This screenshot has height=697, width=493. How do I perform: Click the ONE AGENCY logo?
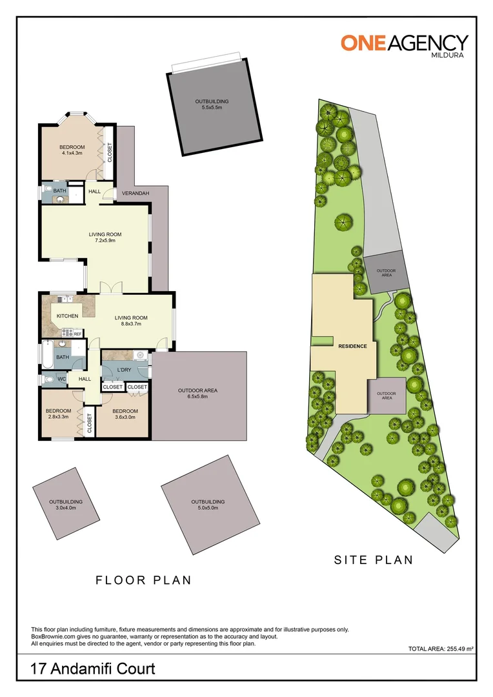click(404, 45)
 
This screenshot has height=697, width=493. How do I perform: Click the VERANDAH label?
click(136, 193)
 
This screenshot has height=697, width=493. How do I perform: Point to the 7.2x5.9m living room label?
click(105, 237)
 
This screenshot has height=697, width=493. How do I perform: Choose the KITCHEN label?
click(67, 316)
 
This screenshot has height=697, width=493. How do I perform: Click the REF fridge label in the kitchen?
click(77, 334)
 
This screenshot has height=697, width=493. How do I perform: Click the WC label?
click(62, 379)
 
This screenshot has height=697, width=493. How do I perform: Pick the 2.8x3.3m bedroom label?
click(57, 414)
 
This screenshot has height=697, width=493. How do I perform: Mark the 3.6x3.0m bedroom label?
click(125, 414)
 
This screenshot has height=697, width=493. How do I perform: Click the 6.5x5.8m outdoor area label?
click(197, 394)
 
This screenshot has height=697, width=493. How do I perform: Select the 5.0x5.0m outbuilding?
click(207, 505)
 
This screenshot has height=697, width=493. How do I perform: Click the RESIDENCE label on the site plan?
click(352, 346)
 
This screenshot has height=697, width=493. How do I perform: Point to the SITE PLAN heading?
click(373, 560)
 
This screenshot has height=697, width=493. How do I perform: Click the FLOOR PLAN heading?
click(143, 580)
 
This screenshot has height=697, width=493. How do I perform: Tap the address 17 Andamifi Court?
click(93, 669)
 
